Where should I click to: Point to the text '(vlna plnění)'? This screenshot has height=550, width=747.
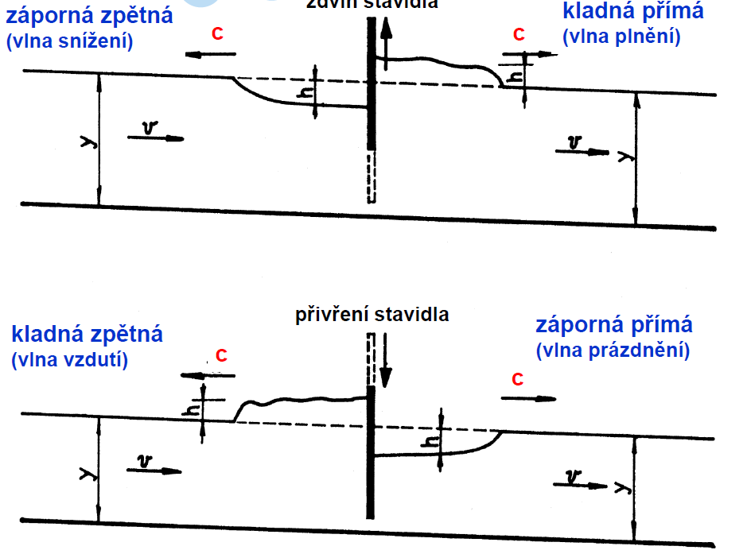(x=621, y=37)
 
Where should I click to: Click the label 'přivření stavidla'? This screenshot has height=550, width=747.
(x=372, y=314)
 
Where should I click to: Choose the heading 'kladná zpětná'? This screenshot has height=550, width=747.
(x=88, y=335)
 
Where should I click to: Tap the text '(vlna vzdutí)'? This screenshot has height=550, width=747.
(x=70, y=359)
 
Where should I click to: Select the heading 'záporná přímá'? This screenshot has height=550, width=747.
(x=614, y=325)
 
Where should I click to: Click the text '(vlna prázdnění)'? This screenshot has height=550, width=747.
(x=613, y=350)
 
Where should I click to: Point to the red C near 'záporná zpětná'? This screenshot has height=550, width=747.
(x=217, y=34)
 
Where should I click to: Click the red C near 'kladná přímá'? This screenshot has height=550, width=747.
(x=519, y=35)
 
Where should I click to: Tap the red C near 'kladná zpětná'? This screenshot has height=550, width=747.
(x=221, y=356)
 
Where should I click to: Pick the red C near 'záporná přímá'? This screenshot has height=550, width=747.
(x=517, y=379)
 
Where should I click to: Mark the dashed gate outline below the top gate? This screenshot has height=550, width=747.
(x=371, y=176)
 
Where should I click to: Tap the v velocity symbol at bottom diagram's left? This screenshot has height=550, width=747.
(x=144, y=461)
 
